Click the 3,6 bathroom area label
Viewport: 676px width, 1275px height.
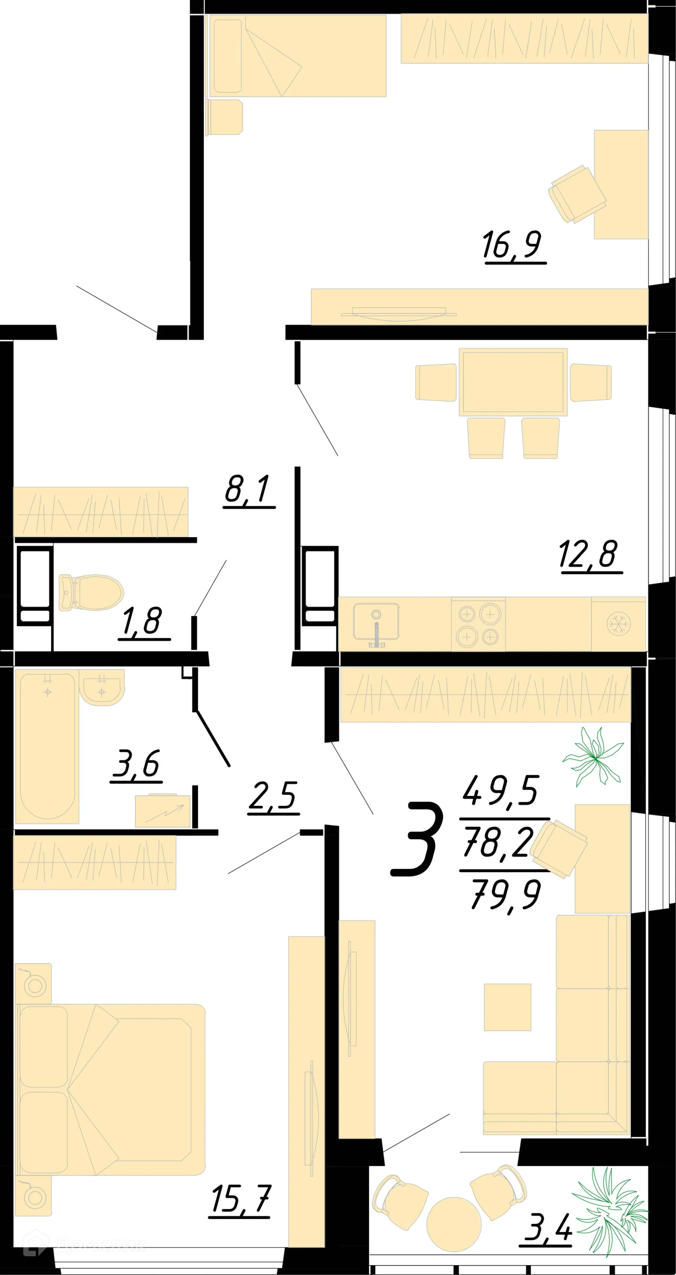(x=136, y=764)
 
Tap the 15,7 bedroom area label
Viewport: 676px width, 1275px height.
(x=241, y=1200)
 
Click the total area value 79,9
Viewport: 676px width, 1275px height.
(x=506, y=894)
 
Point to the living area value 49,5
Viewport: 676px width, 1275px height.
(x=501, y=790)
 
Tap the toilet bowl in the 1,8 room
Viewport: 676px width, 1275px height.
(x=91, y=592)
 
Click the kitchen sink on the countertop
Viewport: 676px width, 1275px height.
(x=376, y=622)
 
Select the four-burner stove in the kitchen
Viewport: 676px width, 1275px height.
(x=478, y=625)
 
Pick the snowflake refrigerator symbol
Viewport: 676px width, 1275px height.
(x=618, y=624)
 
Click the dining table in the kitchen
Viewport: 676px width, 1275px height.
(x=513, y=382)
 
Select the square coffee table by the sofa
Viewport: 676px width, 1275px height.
(x=507, y=1007)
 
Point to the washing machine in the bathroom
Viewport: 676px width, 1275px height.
(x=163, y=811)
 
